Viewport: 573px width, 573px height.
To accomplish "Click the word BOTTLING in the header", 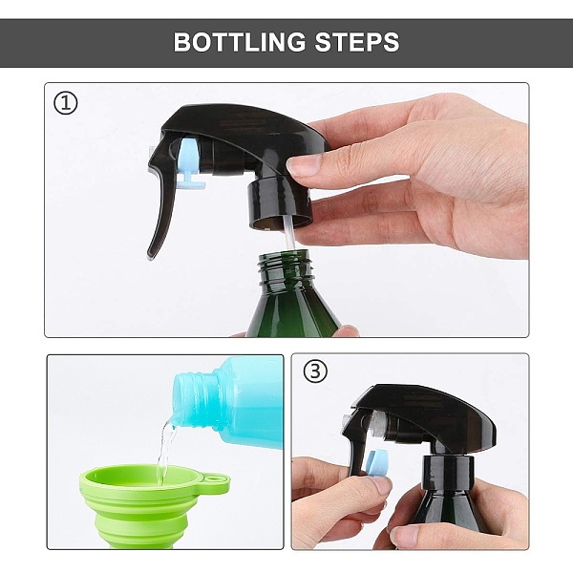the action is (240, 42).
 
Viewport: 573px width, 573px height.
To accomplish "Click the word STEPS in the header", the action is (357, 42).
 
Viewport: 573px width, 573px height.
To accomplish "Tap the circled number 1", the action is (66, 103).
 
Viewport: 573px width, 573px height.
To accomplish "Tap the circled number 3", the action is (315, 371).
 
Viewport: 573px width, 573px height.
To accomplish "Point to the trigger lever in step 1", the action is (160, 204).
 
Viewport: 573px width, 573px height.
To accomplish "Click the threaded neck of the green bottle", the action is (286, 266).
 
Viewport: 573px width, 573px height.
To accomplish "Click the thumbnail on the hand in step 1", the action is (304, 164).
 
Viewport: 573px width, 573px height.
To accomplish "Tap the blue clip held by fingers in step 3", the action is (377, 463).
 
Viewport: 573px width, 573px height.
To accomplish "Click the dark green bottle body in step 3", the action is (450, 512).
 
